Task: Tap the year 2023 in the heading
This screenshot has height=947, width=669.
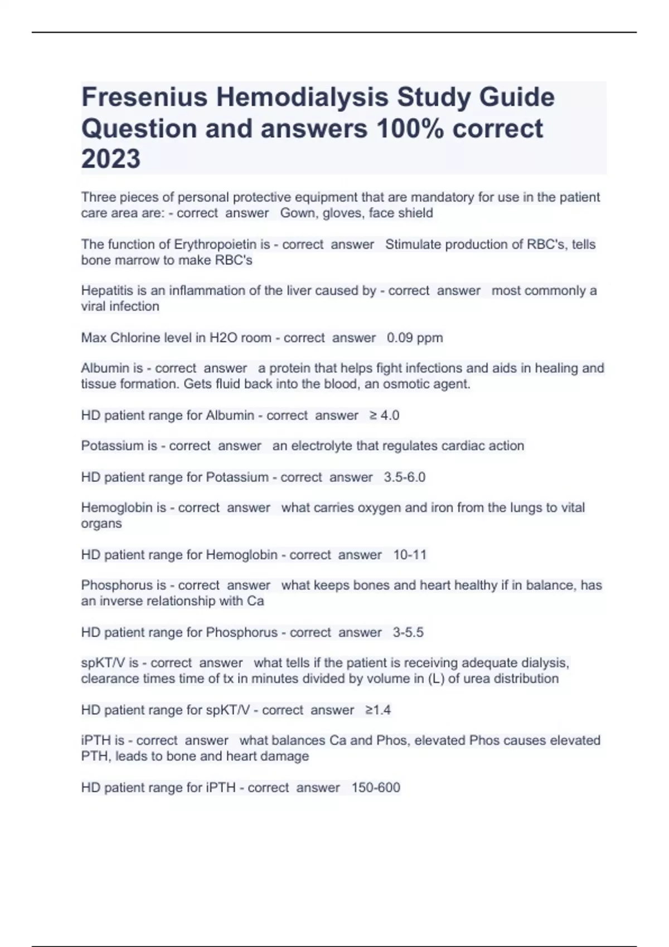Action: tap(111, 159)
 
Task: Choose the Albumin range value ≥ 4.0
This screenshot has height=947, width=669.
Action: tap(384, 415)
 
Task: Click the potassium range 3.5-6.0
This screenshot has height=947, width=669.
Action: tap(405, 477)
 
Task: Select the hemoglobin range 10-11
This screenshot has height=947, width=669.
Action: tap(410, 554)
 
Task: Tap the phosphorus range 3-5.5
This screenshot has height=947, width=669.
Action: tap(408, 632)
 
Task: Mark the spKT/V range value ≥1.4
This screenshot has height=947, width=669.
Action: tap(378, 710)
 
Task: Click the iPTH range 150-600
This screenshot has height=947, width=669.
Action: tap(376, 787)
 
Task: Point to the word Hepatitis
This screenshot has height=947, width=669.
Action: tap(106, 290)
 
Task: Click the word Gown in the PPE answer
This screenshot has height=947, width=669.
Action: tap(296, 213)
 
